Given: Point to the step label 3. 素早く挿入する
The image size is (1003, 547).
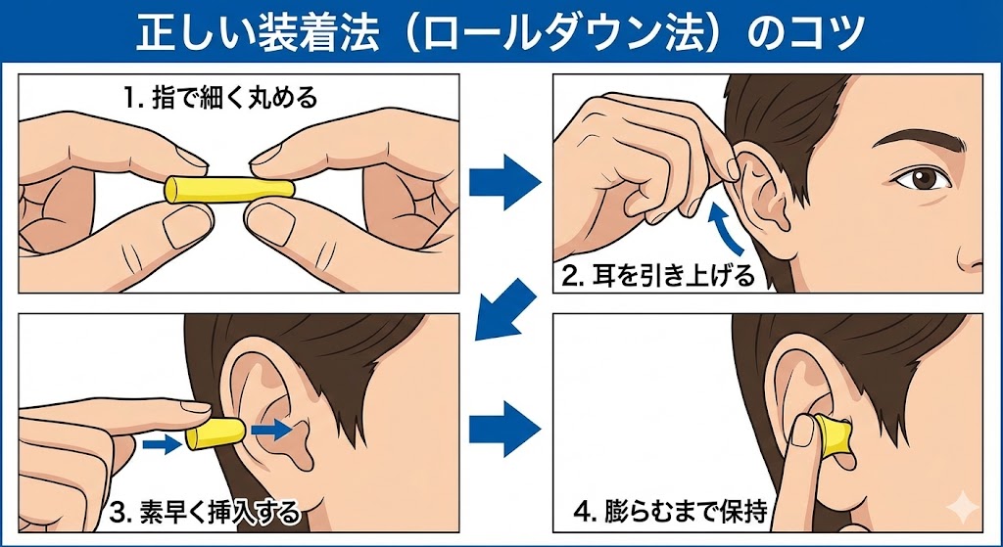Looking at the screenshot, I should (x=206, y=510).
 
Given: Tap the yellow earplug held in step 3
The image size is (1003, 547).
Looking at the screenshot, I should (x=214, y=433).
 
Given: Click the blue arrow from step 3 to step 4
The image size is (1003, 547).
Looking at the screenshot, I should (x=504, y=428).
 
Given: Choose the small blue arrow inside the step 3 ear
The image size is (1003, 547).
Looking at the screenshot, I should (x=268, y=429).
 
